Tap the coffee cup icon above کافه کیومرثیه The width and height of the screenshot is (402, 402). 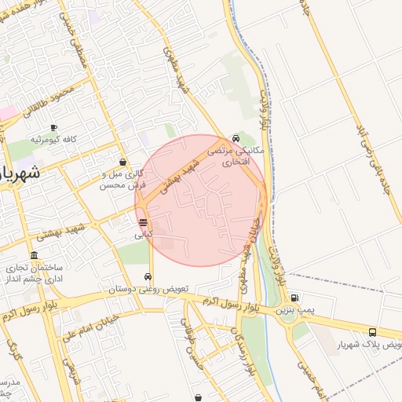tap(53, 128)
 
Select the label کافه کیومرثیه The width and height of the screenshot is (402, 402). tap(53, 139)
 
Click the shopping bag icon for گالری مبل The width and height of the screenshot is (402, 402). tap(122, 162)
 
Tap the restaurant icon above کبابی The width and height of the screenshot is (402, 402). tap(142, 223)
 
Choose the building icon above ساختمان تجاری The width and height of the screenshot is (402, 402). tap(34, 256)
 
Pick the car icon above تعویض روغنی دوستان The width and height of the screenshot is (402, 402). tap(148, 277)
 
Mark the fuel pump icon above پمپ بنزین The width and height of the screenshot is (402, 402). tap(294, 298)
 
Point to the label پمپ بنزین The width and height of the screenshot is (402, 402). tap(294, 311)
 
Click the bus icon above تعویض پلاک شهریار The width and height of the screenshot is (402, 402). tap(371, 332)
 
